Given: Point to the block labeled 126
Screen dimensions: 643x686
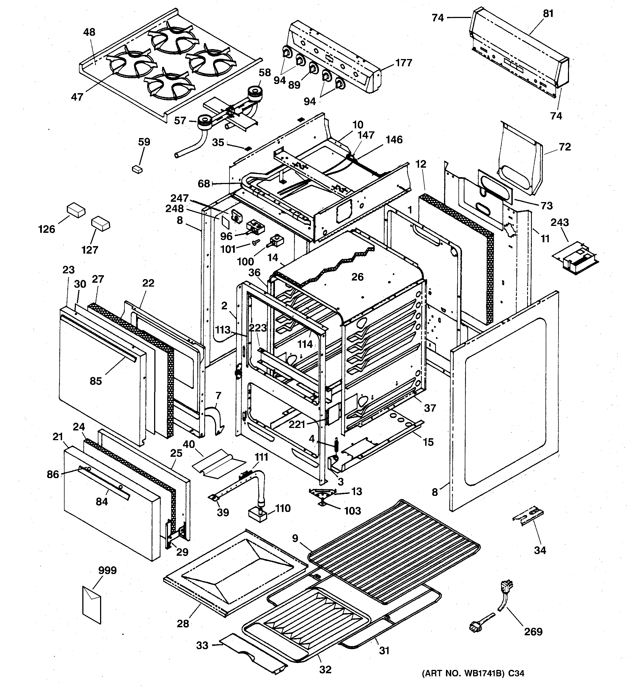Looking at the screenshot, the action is click(x=76, y=210).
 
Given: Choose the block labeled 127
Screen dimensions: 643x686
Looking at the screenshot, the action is click(x=100, y=224).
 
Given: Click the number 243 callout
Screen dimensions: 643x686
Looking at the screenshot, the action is click(x=560, y=222).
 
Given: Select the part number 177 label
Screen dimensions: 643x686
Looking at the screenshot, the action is click(x=404, y=63).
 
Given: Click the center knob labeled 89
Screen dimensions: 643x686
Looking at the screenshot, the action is click(x=313, y=68).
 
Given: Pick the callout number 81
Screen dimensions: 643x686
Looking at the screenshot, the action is click(x=548, y=14).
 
